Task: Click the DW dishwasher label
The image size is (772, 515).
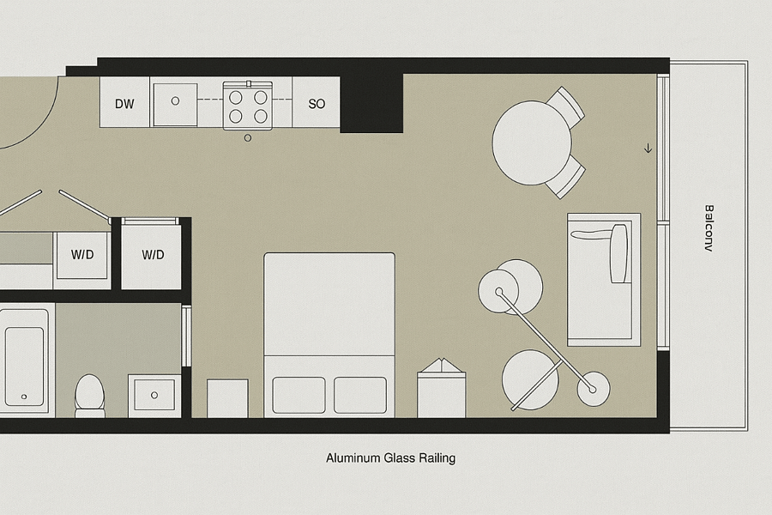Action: (x=124, y=104)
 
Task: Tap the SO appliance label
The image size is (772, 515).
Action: (x=317, y=104)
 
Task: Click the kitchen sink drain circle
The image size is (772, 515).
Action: (x=175, y=101)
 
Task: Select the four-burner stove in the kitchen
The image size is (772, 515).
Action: (x=248, y=106)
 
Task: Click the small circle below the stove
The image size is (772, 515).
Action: (x=248, y=138)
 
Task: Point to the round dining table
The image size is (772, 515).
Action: (x=532, y=143)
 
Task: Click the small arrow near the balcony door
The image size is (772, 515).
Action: (x=648, y=148)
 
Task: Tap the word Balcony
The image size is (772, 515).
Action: (x=709, y=228)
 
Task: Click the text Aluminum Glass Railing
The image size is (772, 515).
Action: (x=390, y=458)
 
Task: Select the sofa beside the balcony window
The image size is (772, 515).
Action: (x=604, y=280)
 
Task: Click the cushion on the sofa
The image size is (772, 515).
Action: (x=618, y=253)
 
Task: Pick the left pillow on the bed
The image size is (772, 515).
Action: (x=299, y=395)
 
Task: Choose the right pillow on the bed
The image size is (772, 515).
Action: (x=360, y=395)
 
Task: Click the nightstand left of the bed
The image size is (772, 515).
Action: (x=227, y=398)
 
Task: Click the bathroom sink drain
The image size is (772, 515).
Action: (x=154, y=395)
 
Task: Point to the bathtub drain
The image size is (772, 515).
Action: (x=24, y=397)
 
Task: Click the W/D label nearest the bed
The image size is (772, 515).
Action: (x=154, y=255)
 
